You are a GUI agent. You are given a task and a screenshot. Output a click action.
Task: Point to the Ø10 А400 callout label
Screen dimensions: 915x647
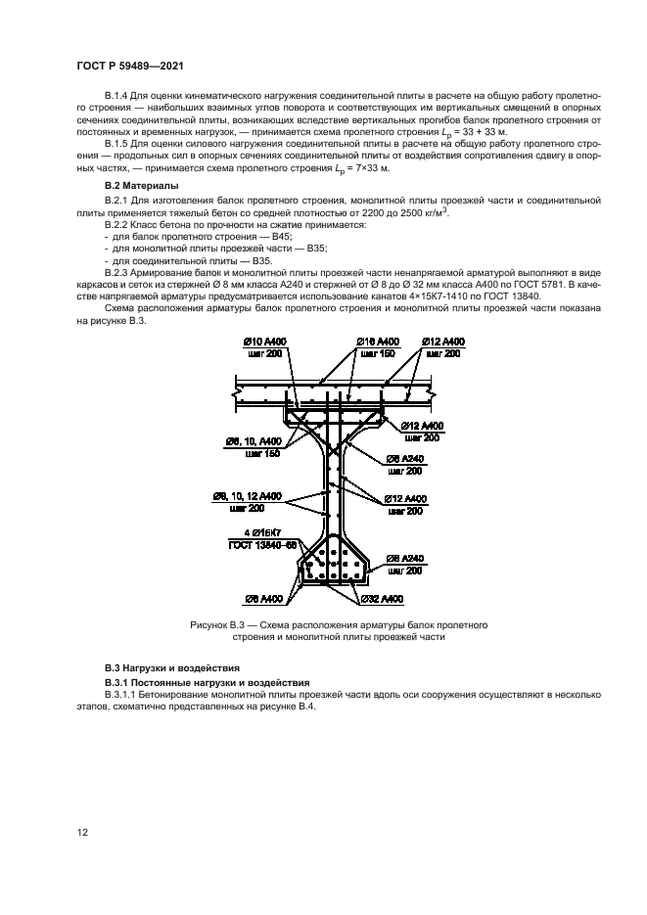coord(262,341)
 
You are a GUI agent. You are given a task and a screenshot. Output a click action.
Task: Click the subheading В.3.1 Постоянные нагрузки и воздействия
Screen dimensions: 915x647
coord(208,681)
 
